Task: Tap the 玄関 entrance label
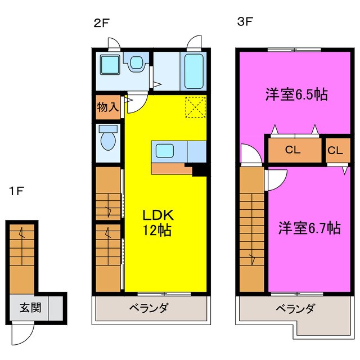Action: tap(29, 308)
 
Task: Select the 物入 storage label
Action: tap(107, 107)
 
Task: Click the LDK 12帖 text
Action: tap(156, 222)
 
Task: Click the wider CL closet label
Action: tap(293, 150)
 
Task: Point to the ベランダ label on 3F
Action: tap(295, 308)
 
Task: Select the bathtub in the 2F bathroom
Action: tap(194, 71)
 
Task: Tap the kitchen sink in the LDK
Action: tap(165, 151)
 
